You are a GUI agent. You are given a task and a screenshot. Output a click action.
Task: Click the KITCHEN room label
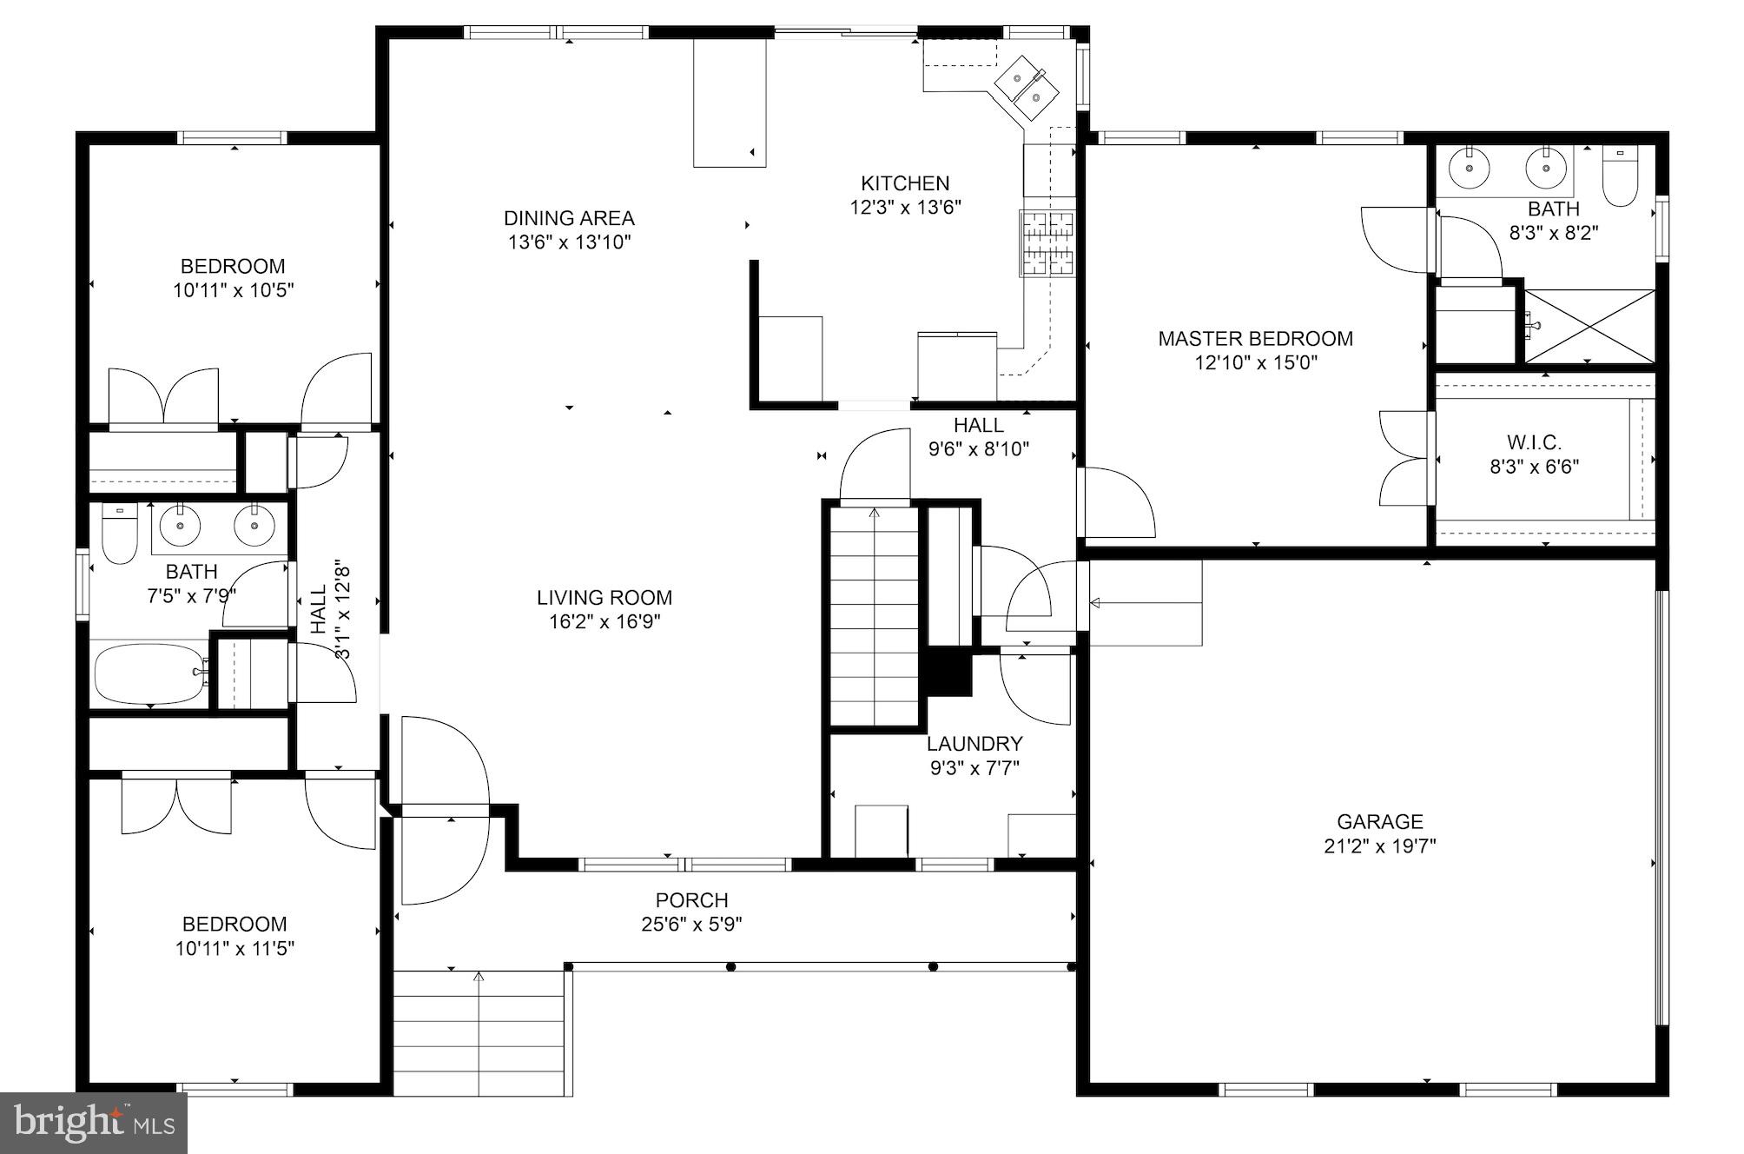coord(905,183)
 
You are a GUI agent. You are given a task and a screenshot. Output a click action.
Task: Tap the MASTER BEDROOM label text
coord(1255,339)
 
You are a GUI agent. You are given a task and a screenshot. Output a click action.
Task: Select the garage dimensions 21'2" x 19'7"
coord(1379,846)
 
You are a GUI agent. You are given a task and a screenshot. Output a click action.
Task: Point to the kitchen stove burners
coord(1047,243)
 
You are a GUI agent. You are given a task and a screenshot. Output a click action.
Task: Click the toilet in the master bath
coord(1620,180)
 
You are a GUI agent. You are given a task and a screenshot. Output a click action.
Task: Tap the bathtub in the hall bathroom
coord(150,674)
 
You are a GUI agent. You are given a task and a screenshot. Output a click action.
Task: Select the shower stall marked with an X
coord(1590,326)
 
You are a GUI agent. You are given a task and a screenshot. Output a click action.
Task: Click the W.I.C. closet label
coord(1534,443)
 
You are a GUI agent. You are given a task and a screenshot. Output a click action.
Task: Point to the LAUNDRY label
coord(974,744)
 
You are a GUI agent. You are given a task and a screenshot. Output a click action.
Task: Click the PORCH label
coord(691,900)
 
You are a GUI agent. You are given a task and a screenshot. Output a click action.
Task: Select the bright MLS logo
coord(94,1123)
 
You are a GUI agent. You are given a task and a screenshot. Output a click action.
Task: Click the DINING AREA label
coord(569,218)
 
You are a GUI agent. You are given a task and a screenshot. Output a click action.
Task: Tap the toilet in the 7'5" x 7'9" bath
coord(120,534)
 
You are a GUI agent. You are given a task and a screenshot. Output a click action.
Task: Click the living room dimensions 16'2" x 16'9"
coord(604,622)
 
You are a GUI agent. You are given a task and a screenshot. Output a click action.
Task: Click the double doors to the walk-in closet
coord(1403,457)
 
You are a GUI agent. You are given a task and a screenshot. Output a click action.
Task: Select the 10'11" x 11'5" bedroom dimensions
coord(235,949)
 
